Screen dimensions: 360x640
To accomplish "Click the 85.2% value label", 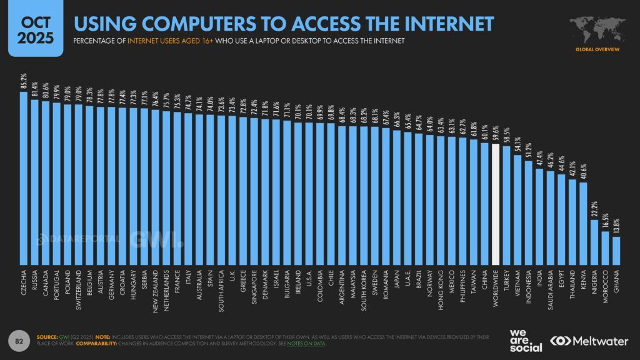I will point(24,82).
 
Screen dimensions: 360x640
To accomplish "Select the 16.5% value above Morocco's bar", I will point(605,221).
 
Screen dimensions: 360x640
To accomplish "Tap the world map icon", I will point(594,27).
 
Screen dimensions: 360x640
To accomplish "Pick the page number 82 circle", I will point(19,340).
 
